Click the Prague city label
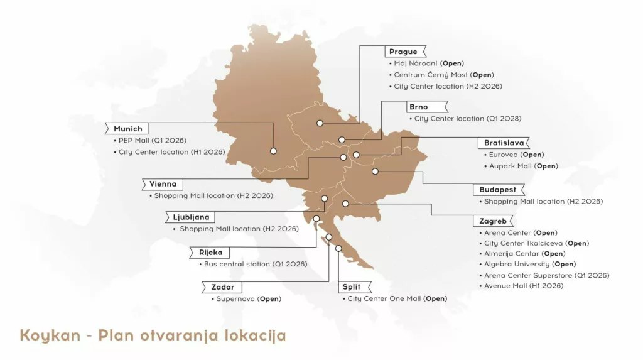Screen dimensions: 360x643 tap(404, 52)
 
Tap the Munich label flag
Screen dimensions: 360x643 tap(127, 129)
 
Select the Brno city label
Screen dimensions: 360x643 tap(418, 107)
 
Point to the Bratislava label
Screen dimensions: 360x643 tap(504, 143)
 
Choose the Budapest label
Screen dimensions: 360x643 tap(498, 190)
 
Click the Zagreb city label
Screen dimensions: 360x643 tap(492, 221)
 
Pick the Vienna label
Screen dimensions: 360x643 tap(163, 184)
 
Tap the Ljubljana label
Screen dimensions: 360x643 tap(191, 217)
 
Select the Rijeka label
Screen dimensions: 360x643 tap(211, 253)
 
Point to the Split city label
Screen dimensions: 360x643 tap(351, 287)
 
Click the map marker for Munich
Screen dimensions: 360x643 tap(273, 151)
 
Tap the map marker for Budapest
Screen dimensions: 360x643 tap(375, 171)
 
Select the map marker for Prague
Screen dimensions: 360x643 tap(320, 123)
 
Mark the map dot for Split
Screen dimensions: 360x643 tap(338, 248)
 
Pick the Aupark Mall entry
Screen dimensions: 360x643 tap(524, 166)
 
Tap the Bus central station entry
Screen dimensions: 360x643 tap(256, 264)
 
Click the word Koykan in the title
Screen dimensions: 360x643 tap(50, 335)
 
